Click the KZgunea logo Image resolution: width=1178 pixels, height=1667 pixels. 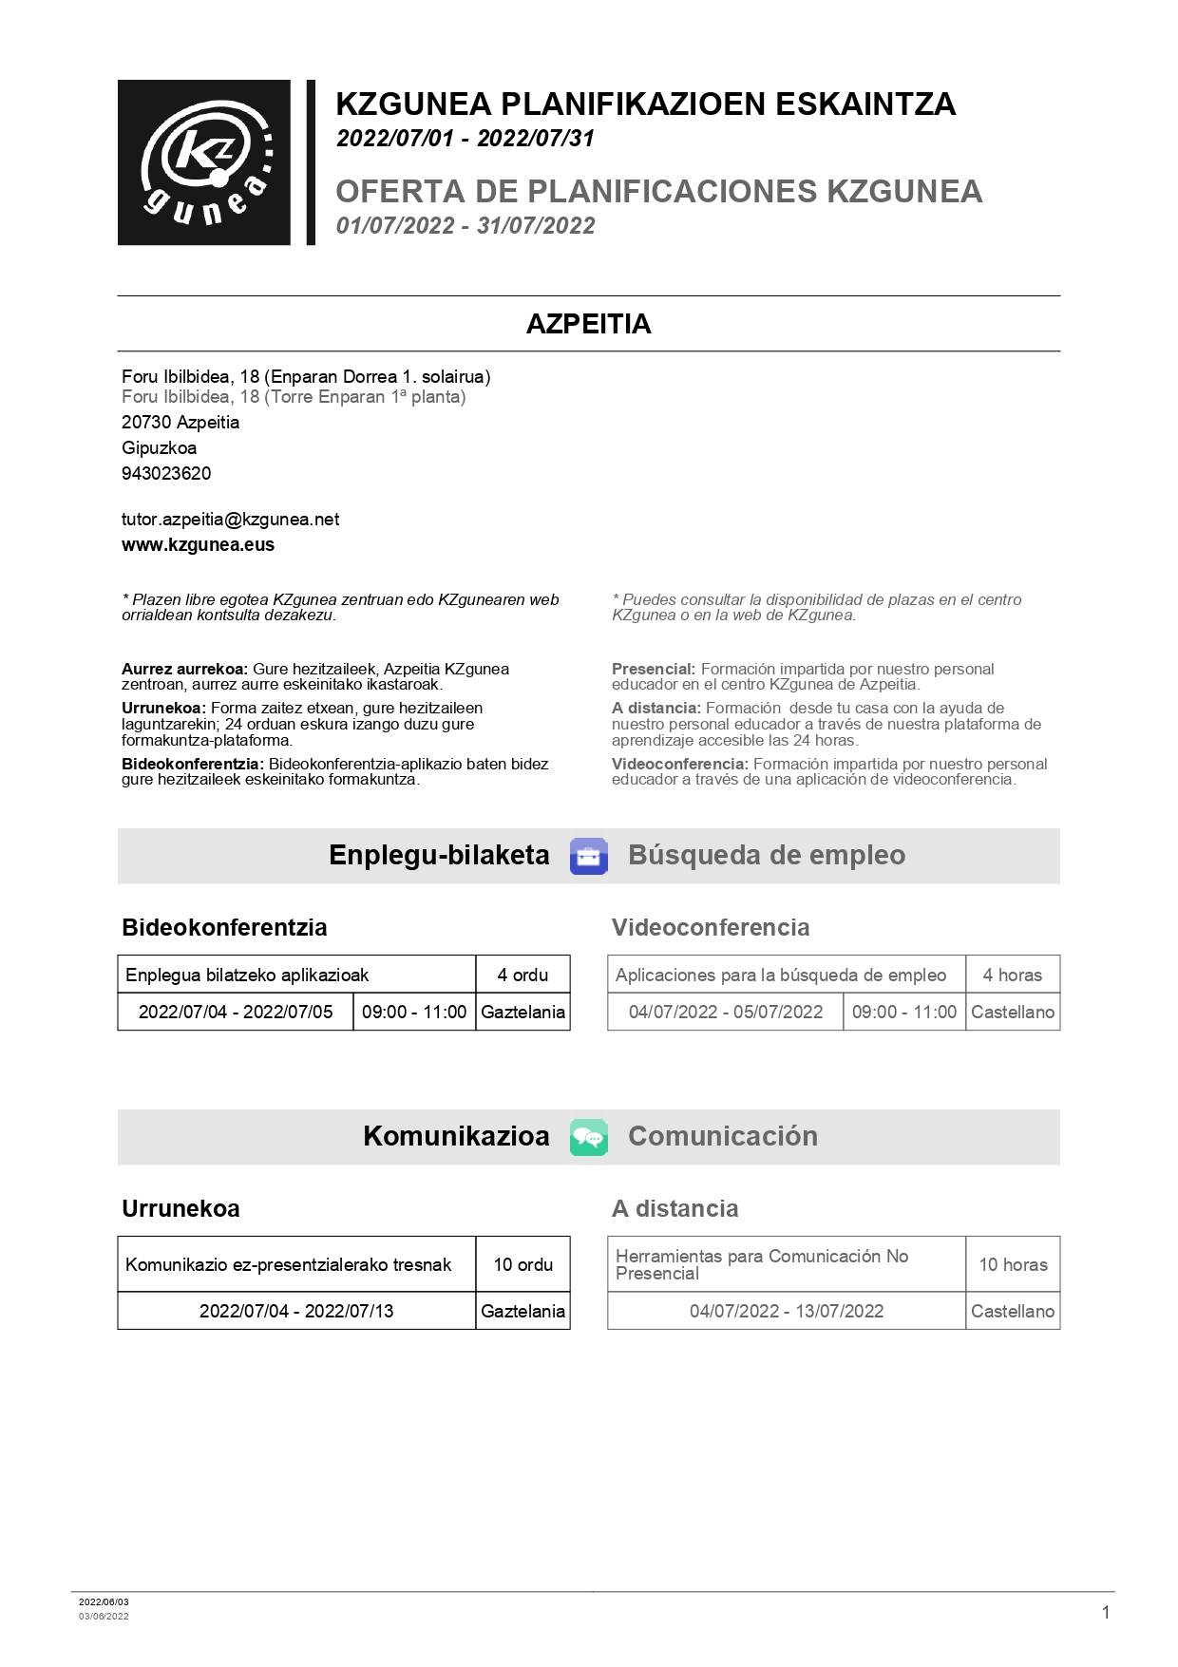(x=204, y=162)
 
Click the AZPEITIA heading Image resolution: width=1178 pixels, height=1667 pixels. (x=588, y=324)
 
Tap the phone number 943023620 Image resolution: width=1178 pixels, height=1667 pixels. (x=166, y=473)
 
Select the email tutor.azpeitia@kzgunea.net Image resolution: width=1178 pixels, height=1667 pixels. (x=230, y=520)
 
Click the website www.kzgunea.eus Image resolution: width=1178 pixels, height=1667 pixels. (x=198, y=545)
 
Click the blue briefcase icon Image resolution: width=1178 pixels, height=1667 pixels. (x=588, y=856)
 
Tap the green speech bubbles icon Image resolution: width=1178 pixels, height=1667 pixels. (x=588, y=1137)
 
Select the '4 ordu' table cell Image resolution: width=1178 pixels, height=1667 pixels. (x=522, y=975)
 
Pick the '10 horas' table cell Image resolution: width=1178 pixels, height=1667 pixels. (x=1013, y=1264)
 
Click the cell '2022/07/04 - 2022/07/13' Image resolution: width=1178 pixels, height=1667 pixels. (x=296, y=1311)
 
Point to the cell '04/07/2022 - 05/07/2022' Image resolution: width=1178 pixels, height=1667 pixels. (x=726, y=1012)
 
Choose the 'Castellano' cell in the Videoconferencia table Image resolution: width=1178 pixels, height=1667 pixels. (x=1013, y=1012)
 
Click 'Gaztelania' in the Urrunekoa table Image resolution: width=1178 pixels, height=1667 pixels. (x=522, y=1311)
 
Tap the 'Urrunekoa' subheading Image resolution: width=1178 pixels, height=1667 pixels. (x=180, y=1208)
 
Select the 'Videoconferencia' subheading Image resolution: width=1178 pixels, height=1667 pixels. (x=711, y=927)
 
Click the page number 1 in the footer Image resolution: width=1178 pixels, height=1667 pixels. (x=1105, y=1612)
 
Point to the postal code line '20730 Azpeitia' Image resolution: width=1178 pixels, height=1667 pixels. (x=180, y=423)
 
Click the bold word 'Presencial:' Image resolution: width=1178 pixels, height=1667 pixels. (x=654, y=669)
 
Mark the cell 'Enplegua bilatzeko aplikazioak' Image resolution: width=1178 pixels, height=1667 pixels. (x=247, y=975)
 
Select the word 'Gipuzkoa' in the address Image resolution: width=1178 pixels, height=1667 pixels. (x=159, y=448)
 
